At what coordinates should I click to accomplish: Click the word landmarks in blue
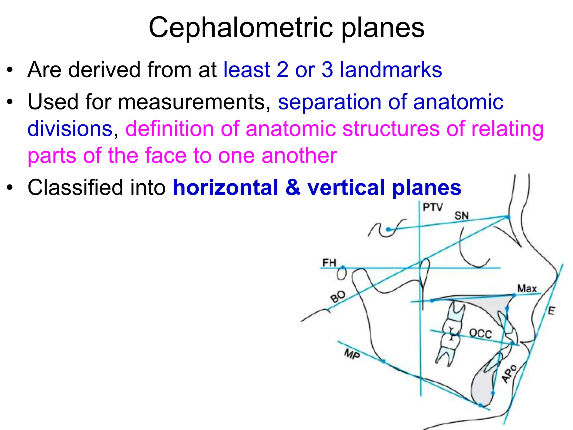point(391,70)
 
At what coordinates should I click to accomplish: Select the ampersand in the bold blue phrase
point(293,188)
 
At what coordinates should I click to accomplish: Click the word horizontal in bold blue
point(225,188)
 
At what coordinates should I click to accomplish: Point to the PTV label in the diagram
point(433,207)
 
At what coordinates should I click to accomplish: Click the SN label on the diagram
point(461,216)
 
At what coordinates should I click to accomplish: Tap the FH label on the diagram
point(329,263)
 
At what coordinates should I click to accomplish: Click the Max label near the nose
point(527,288)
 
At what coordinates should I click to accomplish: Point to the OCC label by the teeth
point(480,334)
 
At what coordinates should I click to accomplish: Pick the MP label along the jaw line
point(352,354)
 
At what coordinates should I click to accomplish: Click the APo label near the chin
point(509,373)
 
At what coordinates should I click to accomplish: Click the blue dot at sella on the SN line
point(388,230)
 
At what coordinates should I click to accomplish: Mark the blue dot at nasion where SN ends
point(508,217)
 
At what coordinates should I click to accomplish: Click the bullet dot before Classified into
point(10,188)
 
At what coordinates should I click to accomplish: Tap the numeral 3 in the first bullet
point(327,70)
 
